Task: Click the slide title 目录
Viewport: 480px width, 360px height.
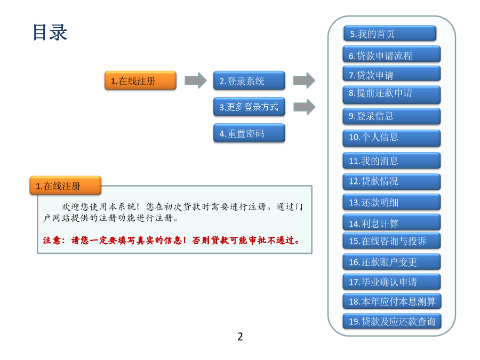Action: coord(50,32)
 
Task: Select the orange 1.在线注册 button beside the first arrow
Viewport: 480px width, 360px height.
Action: coord(140,81)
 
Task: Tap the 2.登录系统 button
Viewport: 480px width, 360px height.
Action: coord(249,81)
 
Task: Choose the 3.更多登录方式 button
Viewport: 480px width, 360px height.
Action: coord(249,107)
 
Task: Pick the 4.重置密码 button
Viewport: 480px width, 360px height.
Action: coord(249,133)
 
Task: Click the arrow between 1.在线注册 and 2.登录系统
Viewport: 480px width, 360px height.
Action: coord(196,81)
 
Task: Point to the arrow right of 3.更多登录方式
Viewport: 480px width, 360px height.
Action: coord(305,107)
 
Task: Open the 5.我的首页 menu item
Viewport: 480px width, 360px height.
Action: coord(390,34)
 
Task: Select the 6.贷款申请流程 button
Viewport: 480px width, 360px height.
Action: coord(391,54)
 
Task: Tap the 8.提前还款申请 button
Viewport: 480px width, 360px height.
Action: coord(391,94)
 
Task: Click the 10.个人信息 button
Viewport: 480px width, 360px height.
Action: coord(391,138)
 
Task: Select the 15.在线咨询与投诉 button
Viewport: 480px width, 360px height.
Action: coord(391,241)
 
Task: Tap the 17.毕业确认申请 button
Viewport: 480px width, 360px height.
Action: coord(391,282)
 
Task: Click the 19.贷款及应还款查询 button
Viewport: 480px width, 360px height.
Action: coord(392,321)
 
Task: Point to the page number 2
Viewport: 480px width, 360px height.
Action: coord(240,337)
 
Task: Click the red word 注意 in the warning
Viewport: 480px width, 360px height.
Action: coord(51,241)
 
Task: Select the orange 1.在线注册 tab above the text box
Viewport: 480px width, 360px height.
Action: coord(66,186)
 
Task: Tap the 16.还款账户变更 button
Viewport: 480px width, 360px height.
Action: coord(391,262)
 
